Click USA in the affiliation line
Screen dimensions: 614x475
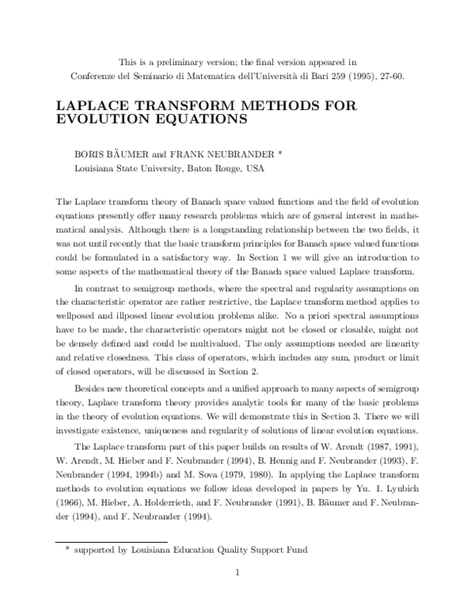[253, 169]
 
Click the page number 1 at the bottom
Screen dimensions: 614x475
[237, 571]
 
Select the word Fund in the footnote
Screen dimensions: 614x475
[294, 548]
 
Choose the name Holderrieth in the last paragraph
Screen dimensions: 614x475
[171, 502]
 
